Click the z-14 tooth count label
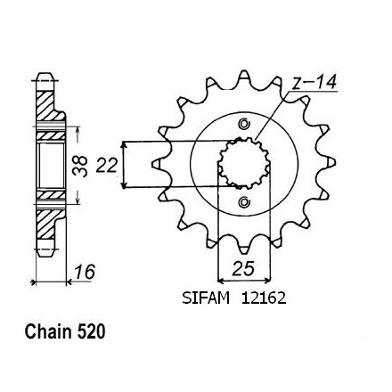(x=314, y=82)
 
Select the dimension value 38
(x=80, y=167)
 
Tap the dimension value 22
(x=106, y=165)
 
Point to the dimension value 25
(x=243, y=268)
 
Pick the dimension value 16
(x=85, y=272)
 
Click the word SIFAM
(x=206, y=298)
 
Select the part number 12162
(x=264, y=298)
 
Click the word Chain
(x=48, y=331)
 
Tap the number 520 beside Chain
(x=91, y=331)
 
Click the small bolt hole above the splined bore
(x=244, y=124)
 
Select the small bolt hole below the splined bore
(x=244, y=202)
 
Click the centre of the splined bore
(x=244, y=163)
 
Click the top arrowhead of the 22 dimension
(x=124, y=145)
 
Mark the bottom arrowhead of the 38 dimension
(x=78, y=200)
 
